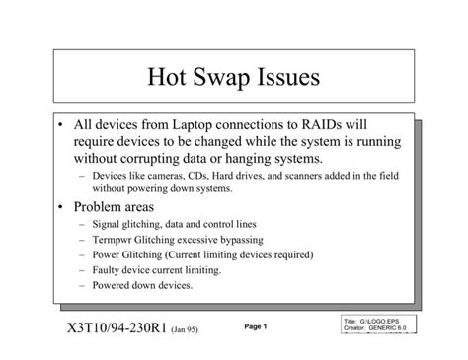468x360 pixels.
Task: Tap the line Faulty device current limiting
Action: pyautogui.click(x=157, y=269)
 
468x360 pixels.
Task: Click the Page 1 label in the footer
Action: pyautogui.click(x=256, y=326)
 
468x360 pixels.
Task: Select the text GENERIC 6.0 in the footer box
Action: pyautogui.click(x=389, y=329)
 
